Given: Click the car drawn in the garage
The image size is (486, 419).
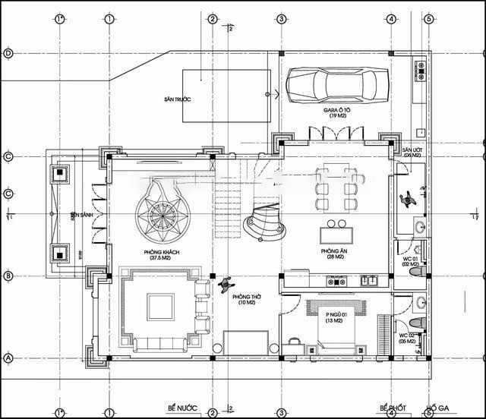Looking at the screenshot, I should pos(332,84).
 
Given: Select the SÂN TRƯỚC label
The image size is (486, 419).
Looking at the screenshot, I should pos(176,99).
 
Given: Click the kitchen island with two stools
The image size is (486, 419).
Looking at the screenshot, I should pos(336,233).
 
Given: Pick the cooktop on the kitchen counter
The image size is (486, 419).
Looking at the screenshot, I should pos(336,281).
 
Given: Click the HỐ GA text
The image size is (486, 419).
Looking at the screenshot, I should pos(439,408).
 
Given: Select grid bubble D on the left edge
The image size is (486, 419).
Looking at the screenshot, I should pos(8,53).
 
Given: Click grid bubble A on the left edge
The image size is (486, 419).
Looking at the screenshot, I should pos(8,358).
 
